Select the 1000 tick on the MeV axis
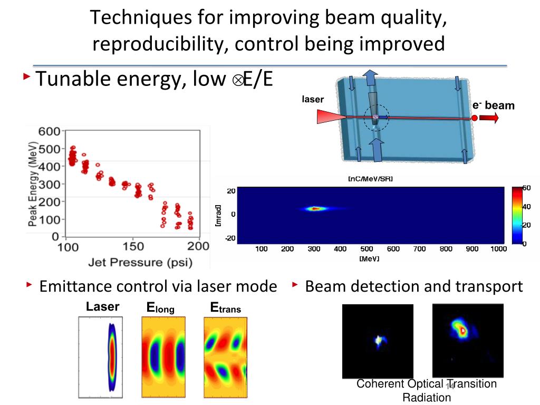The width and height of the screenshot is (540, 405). pos(498,249)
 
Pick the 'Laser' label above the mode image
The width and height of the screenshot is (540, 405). pos(103,307)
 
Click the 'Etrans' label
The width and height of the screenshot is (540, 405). pos(225,307)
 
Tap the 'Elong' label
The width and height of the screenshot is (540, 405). pos(161,307)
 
